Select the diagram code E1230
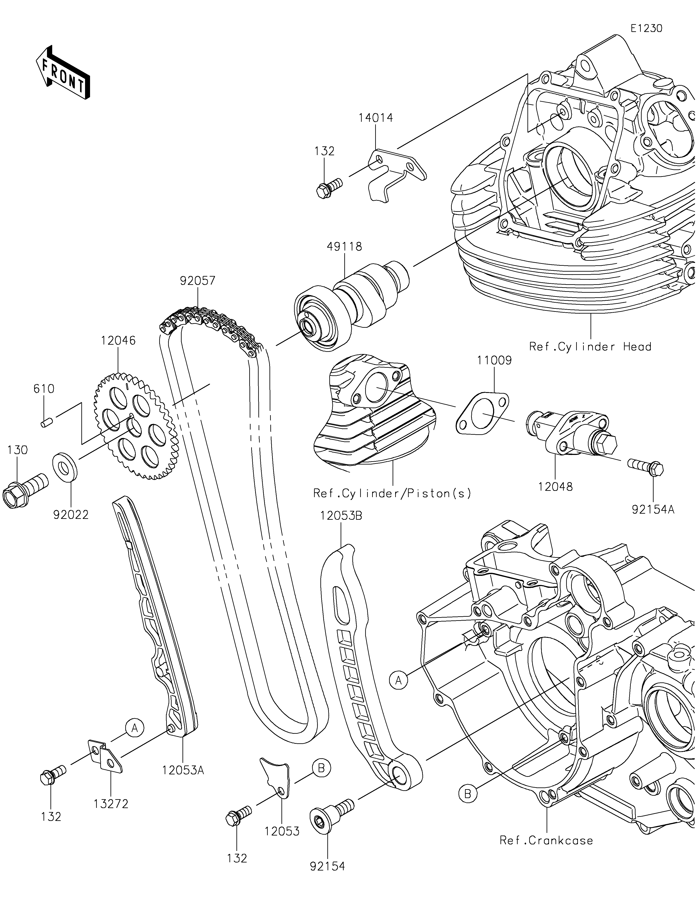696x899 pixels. [x=647, y=28]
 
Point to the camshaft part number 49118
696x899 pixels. [x=345, y=247]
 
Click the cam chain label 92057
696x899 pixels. [x=197, y=281]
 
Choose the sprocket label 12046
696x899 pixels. [x=119, y=341]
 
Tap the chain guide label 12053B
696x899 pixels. [x=342, y=516]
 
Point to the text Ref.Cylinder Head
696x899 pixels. [x=590, y=347]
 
